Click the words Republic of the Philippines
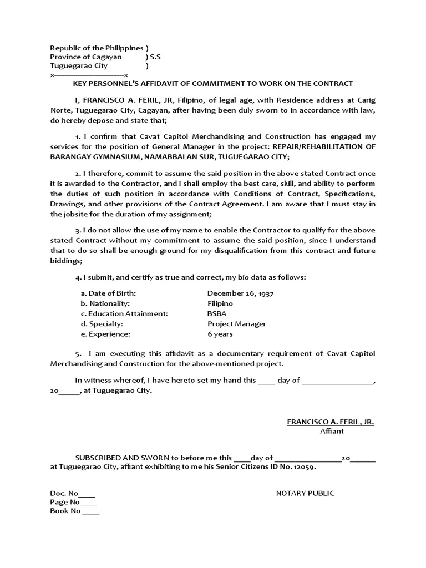click(97, 48)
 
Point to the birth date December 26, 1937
click(241, 293)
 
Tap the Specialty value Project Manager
click(236, 324)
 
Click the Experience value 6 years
click(220, 334)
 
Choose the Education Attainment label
click(124, 313)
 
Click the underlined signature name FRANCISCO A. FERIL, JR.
click(330, 422)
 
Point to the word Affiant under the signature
click(332, 432)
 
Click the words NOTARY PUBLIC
click(305, 493)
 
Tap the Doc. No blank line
click(88, 494)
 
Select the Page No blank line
click(89, 503)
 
